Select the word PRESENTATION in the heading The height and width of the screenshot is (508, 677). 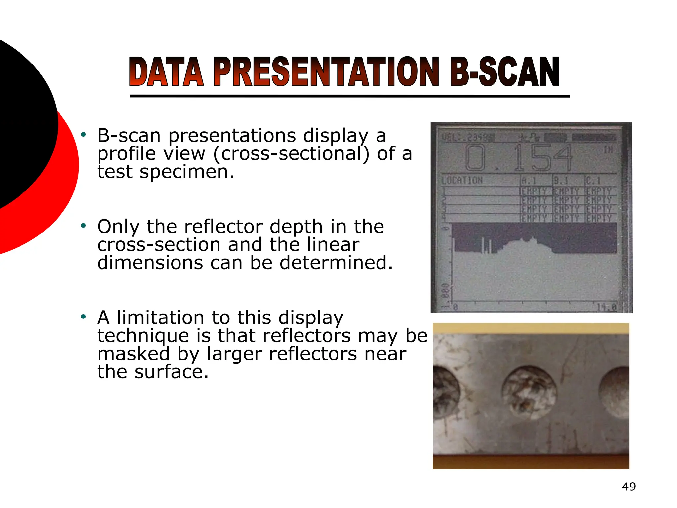click(326, 72)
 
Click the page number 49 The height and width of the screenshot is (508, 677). click(629, 487)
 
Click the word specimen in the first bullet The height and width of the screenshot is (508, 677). click(187, 172)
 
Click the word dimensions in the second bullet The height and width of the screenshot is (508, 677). click(150, 263)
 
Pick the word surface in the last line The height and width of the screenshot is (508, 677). click(171, 372)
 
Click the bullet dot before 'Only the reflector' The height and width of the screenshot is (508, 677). click(84, 226)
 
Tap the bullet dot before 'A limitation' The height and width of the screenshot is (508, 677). click(84, 317)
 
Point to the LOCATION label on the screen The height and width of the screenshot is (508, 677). click(462, 180)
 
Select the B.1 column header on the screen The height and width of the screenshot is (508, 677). click(561, 181)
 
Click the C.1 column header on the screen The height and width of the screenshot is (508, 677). click(593, 181)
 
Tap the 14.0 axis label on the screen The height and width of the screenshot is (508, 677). click(607, 307)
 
